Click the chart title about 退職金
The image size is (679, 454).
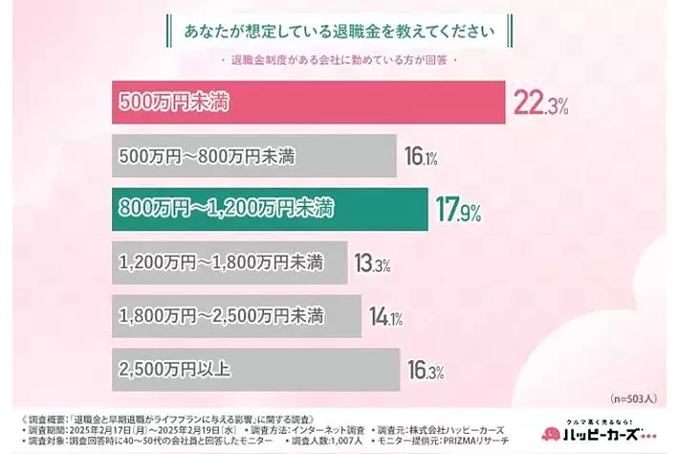tap(339, 29)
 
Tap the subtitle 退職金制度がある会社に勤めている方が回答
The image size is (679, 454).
tap(339, 63)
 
